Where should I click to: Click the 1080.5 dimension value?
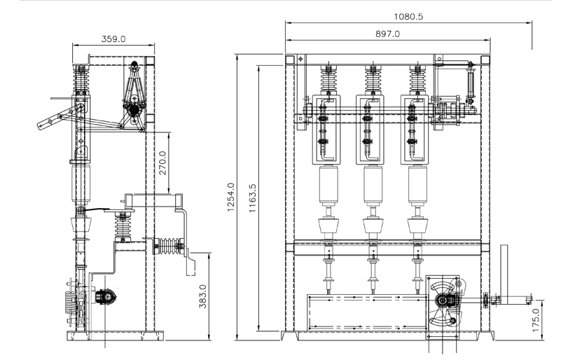tap(408, 17)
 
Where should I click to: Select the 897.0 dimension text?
tap(387, 34)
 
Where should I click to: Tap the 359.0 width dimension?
tap(113, 39)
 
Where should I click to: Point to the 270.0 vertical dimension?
tap(163, 163)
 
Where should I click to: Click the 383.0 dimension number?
tap(203, 296)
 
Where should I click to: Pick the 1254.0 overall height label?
tap(230, 198)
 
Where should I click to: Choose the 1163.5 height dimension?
tap(253, 198)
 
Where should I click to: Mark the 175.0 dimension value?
tap(536, 320)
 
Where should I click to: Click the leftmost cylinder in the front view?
tap(328, 185)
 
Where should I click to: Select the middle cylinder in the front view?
tap(373, 185)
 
